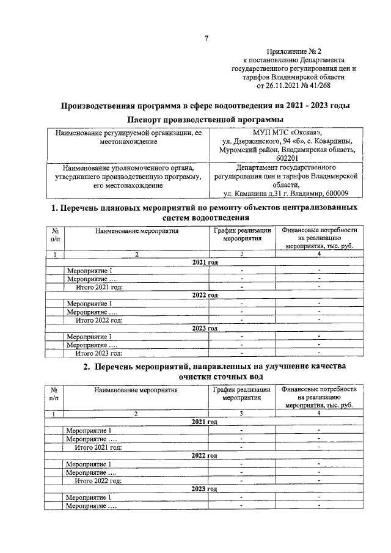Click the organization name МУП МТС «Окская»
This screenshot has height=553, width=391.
pos(289,133)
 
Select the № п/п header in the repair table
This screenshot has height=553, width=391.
pos(55,235)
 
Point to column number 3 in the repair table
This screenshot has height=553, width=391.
pos(242,254)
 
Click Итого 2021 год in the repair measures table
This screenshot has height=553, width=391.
pos(99,287)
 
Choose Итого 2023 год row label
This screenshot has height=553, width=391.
pos(99,353)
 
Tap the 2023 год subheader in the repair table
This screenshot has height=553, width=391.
pos(205,328)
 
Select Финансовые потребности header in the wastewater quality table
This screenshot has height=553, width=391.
pos(318,397)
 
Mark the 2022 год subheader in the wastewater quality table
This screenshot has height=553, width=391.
pos(205,456)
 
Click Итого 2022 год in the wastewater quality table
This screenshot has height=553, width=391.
pos(99,480)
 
